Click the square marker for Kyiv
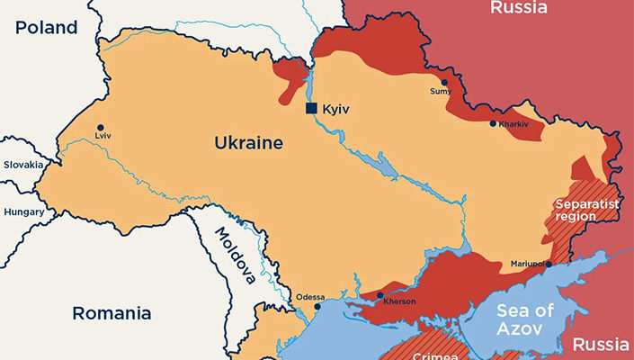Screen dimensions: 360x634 311,108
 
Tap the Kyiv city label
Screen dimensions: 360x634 335,109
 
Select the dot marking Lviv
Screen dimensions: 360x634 101,128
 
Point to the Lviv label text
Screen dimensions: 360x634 102,138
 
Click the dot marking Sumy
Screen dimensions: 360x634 443,82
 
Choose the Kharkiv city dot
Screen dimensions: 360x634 493,123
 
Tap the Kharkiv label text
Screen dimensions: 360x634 513,123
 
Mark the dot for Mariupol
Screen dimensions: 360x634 549,264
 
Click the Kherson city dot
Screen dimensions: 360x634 380,294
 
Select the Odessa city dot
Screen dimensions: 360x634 317,307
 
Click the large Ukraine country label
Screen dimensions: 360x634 248,143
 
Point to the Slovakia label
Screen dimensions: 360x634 22,165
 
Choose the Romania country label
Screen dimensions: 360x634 112,314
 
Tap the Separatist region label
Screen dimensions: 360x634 587,210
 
